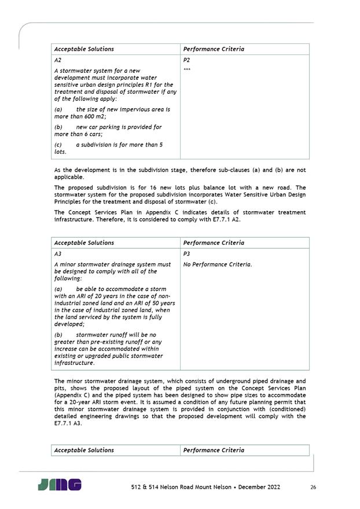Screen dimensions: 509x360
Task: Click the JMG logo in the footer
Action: click(x=60, y=485)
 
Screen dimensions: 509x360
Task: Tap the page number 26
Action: click(x=313, y=487)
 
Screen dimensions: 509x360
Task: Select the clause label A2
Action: click(x=58, y=60)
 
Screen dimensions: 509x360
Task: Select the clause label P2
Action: click(x=186, y=60)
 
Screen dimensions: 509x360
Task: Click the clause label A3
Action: click(x=58, y=254)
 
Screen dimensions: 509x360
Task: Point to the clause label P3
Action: click(x=186, y=254)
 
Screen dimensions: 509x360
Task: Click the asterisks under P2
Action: click(x=187, y=71)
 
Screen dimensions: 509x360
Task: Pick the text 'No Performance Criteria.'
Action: click(x=218, y=264)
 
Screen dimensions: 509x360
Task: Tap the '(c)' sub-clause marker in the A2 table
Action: click(x=58, y=145)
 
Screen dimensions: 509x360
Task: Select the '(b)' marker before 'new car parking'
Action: click(x=58, y=127)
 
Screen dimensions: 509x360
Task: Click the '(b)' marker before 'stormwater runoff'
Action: click(x=58, y=334)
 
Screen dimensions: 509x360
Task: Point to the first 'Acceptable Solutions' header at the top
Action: click(x=84, y=49)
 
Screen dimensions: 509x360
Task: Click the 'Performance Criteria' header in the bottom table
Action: click(x=214, y=450)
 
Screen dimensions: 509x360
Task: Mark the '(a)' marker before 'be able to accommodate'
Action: click(x=58, y=289)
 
